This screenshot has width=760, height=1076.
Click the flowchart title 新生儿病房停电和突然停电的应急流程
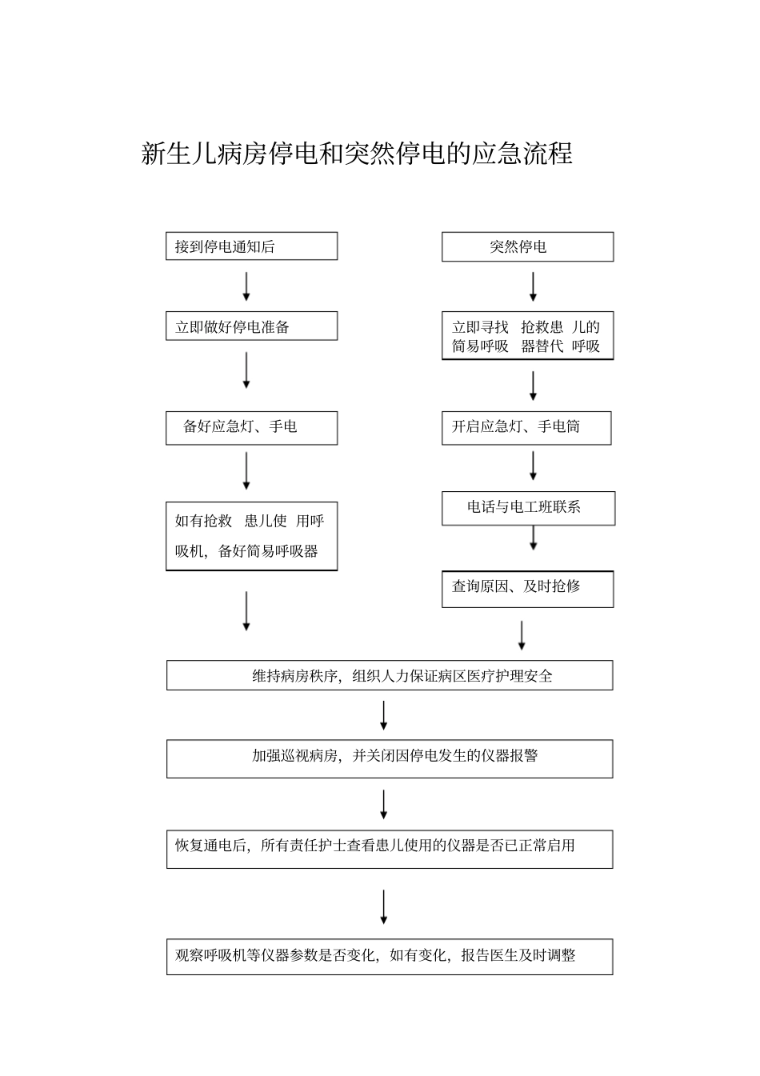(357, 154)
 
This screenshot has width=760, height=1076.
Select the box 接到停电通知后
(251, 246)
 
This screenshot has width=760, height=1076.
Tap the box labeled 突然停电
(527, 246)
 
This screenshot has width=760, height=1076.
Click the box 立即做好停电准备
(251, 326)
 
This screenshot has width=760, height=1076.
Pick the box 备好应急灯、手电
(251, 427)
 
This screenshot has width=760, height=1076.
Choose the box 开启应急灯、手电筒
(526, 427)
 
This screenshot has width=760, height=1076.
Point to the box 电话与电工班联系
(528, 507)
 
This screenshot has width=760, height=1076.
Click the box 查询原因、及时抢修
(527, 588)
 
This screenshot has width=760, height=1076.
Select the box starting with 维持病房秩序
(390, 675)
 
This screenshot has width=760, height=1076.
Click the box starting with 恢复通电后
(390, 848)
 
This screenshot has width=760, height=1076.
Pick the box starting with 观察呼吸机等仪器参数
(390, 956)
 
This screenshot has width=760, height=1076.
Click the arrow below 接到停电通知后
(246, 286)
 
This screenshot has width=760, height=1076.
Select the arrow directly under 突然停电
(533, 286)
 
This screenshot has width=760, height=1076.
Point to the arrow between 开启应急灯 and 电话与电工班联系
(533, 466)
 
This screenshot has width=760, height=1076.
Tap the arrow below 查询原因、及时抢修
(522, 635)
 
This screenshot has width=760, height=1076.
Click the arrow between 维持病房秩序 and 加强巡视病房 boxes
(384, 716)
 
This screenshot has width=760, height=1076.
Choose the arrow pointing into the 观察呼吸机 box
(384, 908)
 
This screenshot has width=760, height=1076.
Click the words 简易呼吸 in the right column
(480, 346)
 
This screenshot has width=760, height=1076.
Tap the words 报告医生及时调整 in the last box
(518, 955)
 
